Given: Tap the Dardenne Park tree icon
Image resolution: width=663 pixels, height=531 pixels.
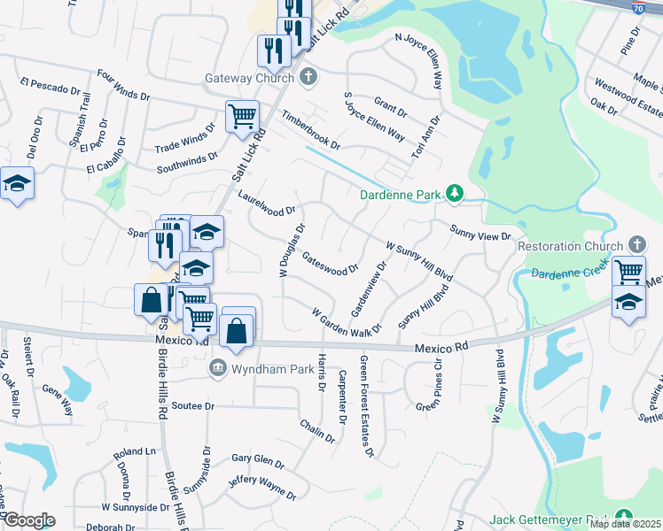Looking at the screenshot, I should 455,193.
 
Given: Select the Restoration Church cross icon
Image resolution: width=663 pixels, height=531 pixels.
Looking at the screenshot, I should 636,244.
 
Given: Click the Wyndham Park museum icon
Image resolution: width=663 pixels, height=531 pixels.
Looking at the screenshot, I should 216,367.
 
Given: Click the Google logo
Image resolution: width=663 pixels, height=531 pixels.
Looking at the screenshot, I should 28,520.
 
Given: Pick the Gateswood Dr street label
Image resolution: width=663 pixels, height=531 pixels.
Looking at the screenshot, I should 330,262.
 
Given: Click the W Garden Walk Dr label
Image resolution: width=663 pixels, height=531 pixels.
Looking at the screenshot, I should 346,319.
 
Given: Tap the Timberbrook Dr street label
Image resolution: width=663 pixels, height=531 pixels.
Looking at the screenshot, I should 311,130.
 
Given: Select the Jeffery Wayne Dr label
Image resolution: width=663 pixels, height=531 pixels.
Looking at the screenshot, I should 261,488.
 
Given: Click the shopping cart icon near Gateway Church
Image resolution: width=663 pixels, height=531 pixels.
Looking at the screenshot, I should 242,116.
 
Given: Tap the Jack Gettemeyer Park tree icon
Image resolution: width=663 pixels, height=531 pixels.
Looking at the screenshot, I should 624,517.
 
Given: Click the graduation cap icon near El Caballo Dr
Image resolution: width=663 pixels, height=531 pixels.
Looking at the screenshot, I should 16,184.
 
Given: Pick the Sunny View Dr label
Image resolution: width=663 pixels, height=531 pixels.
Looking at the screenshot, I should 480,234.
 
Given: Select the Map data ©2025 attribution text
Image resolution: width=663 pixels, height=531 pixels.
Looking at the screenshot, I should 625,524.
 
